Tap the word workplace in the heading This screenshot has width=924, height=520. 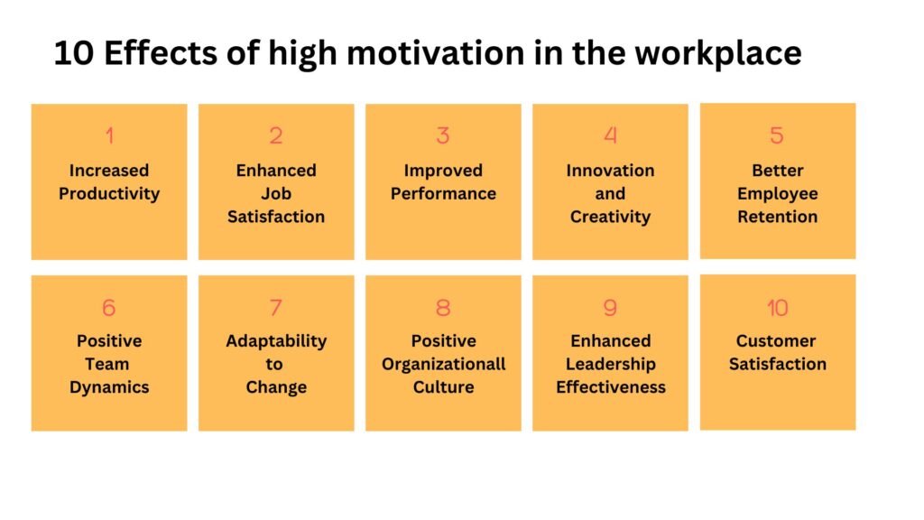coord(717,53)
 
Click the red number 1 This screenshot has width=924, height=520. coord(109,135)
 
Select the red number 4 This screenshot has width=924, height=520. coord(611,135)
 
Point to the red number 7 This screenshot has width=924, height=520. coord(276,307)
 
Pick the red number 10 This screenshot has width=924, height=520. coord(777,307)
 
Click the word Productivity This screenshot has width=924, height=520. coord(109,194)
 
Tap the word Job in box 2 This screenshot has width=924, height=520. coord(276,193)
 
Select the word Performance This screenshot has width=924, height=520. coord(443,193)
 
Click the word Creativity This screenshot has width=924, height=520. coord(611,217)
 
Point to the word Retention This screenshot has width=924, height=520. coord(777,217)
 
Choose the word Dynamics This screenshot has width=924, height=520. coord(109,387)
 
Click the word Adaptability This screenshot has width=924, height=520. coord(276,341)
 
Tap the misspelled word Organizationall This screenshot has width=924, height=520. coord(444,365)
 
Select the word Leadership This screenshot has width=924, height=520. coord(611,365)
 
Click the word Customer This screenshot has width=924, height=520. coord(776,340)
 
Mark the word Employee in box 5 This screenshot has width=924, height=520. coord(777,194)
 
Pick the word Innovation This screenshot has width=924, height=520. coord(611,171)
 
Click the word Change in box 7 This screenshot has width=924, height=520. coord(276,387)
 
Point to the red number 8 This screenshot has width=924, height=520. coord(443,307)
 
